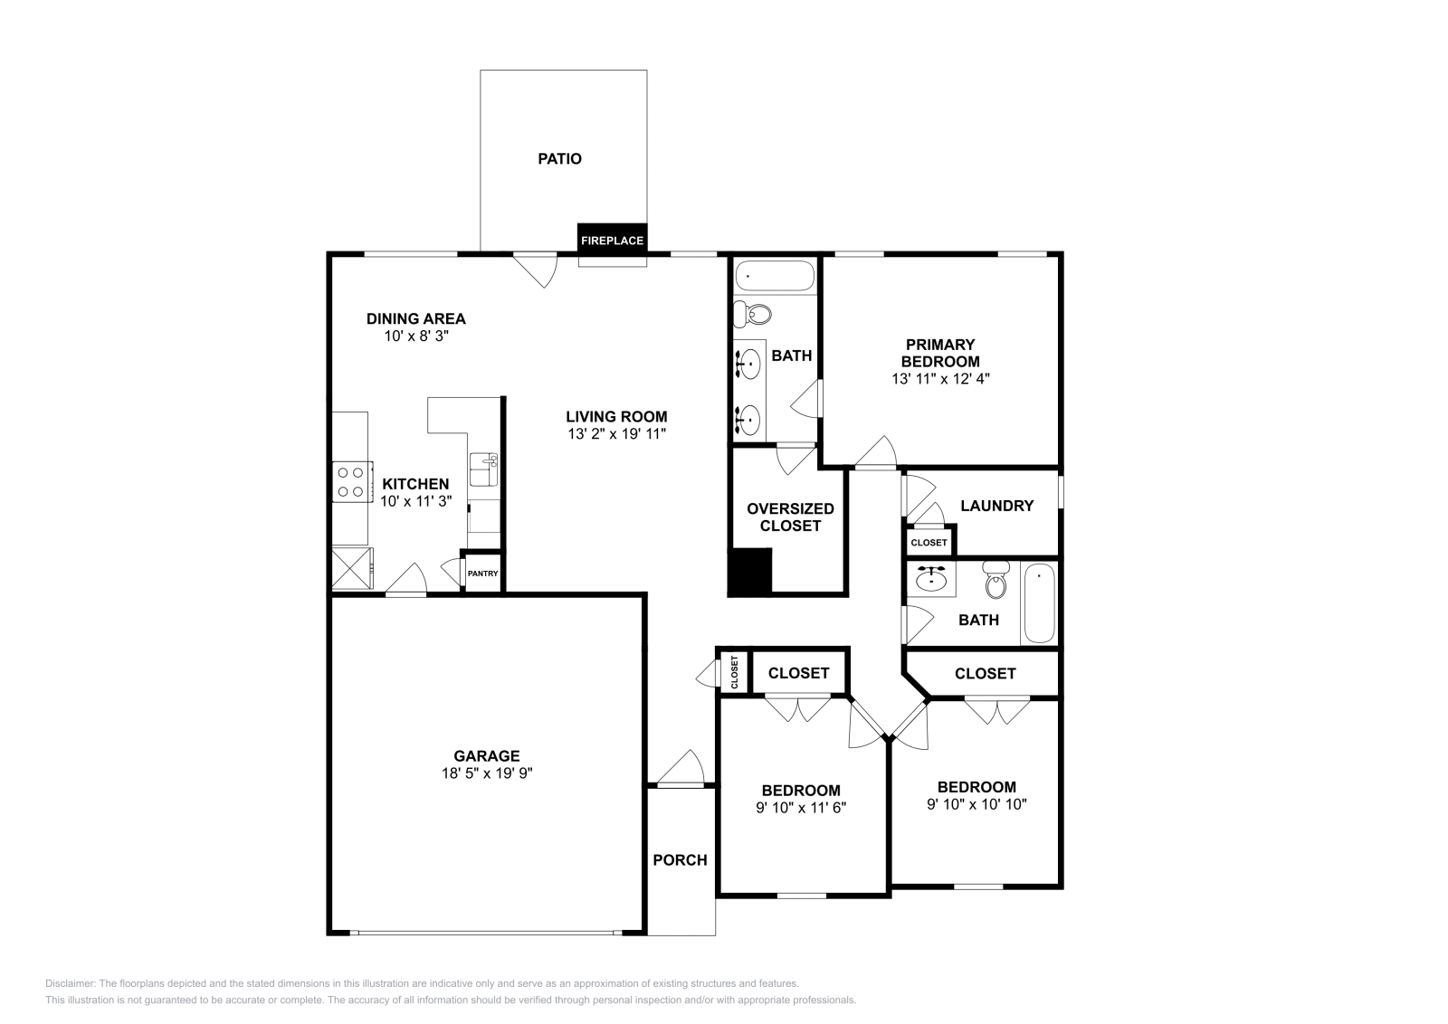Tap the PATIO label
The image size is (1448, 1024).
(x=560, y=159)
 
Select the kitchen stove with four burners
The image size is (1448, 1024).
(x=352, y=482)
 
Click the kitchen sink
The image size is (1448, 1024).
(x=483, y=469)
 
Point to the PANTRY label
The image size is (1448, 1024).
(x=483, y=574)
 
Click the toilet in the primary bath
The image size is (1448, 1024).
(x=752, y=315)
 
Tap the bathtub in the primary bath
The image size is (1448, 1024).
(x=775, y=276)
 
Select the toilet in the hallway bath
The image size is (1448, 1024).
(x=996, y=580)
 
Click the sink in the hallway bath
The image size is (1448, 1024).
(x=931, y=579)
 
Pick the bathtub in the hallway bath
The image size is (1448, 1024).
(x=1040, y=602)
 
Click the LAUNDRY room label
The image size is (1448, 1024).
(x=996, y=506)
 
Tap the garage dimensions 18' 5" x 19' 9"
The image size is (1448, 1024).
(x=487, y=773)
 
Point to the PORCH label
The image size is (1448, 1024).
(x=680, y=860)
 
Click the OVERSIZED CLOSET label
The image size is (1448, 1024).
(x=790, y=517)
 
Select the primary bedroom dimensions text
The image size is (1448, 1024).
(x=940, y=379)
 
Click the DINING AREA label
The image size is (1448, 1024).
(x=416, y=318)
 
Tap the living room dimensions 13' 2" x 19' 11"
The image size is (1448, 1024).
(x=616, y=434)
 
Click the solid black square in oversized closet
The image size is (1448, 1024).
(x=750, y=571)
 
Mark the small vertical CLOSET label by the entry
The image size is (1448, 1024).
(x=734, y=672)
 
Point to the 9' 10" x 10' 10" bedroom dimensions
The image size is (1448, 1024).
(x=976, y=804)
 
